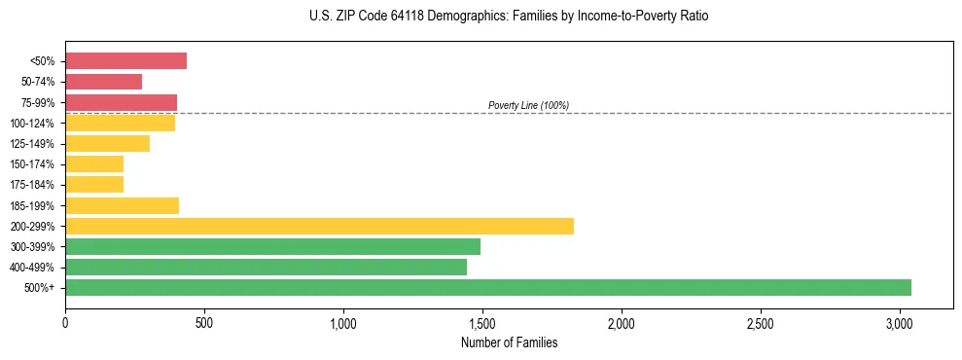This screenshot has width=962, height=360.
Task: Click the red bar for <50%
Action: (125, 61)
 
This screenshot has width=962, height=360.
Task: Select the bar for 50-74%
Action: (103, 82)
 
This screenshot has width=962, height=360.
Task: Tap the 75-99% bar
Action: (121, 102)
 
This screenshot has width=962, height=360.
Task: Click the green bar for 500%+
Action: (487, 287)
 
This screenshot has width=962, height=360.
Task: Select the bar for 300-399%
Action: (272, 246)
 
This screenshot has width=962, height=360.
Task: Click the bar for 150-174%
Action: (94, 163)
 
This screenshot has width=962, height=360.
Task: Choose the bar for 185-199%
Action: (122, 205)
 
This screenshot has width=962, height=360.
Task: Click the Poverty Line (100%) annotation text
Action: (528, 105)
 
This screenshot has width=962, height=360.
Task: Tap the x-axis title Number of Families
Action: (509, 342)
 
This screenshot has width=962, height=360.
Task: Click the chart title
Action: (509, 17)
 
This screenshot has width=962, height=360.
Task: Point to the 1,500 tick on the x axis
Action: (482, 323)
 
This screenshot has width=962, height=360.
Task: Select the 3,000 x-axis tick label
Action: (900, 323)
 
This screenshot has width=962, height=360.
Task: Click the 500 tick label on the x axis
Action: (204, 323)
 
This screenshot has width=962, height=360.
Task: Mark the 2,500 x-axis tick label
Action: (761, 323)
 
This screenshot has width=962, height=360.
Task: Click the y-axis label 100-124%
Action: (32, 124)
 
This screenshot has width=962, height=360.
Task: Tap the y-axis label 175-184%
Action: (32, 185)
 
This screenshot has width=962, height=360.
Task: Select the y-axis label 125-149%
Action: (32, 144)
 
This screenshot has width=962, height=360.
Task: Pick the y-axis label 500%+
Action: (40, 288)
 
